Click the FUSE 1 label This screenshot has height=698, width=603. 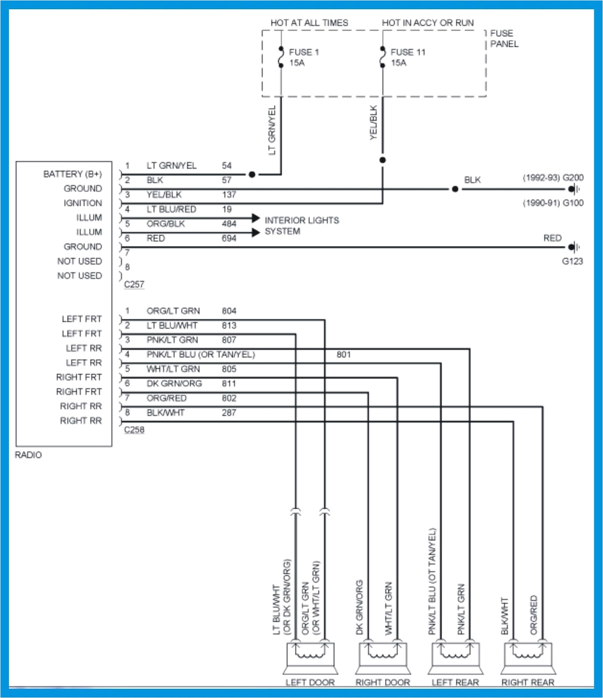click(x=304, y=52)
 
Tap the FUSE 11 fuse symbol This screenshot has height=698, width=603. click(x=382, y=57)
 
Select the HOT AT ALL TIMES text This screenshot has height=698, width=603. click(x=309, y=23)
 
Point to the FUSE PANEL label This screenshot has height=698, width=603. click(x=504, y=38)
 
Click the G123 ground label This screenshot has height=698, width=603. click(x=572, y=261)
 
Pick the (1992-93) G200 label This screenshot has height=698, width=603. click(x=553, y=178)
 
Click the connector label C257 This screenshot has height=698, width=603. click(x=134, y=284)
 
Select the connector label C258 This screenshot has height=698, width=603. click(x=134, y=430)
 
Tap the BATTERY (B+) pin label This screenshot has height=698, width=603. click(x=72, y=174)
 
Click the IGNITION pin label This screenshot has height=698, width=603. click(x=82, y=203)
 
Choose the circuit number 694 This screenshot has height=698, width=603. click(x=229, y=239)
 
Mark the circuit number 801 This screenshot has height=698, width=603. click(x=344, y=355)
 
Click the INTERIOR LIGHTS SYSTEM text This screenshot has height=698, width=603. click(x=301, y=226)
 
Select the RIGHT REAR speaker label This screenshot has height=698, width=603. click(x=528, y=683)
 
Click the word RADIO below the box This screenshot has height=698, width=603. click(x=28, y=455)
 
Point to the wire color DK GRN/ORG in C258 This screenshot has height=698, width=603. click(x=174, y=383)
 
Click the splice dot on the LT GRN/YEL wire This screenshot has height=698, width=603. click(x=252, y=174)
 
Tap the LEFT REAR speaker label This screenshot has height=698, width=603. click(x=455, y=683)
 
